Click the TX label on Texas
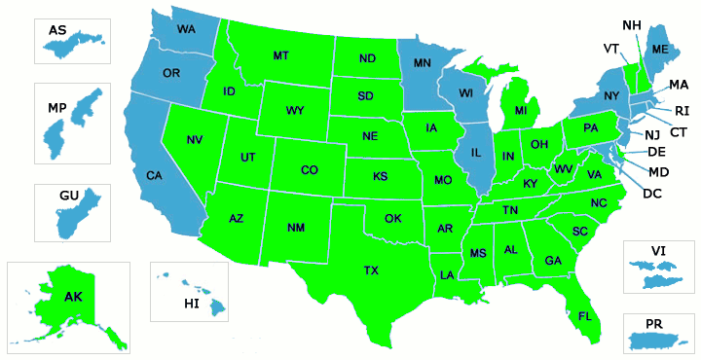(x=371, y=270)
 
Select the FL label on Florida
(x=584, y=316)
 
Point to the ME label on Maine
(x=660, y=49)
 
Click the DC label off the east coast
(x=653, y=193)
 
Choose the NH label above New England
(x=631, y=24)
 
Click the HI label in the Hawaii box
(x=191, y=305)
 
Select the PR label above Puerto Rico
(x=653, y=322)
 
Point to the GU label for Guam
(x=68, y=196)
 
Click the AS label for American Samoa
(x=57, y=30)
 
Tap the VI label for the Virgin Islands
(x=658, y=250)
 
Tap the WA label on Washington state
(x=186, y=29)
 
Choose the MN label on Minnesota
(x=423, y=63)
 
